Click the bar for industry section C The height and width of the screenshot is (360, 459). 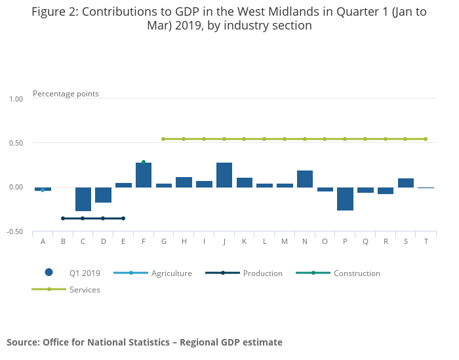pyautogui.click(x=83, y=199)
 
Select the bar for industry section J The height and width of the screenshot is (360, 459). pyautogui.click(x=224, y=175)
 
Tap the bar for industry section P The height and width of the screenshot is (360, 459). pyautogui.click(x=346, y=199)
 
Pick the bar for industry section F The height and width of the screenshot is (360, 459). pyautogui.click(x=144, y=175)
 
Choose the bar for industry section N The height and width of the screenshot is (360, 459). pyautogui.click(x=305, y=179)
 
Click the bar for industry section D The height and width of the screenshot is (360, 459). pyautogui.click(x=103, y=195)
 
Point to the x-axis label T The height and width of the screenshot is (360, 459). pyautogui.click(x=426, y=241)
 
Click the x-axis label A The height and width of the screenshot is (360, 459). pyautogui.click(x=43, y=241)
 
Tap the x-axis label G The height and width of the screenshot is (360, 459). pyautogui.click(x=164, y=241)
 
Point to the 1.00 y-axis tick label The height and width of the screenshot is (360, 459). pyautogui.click(x=16, y=99)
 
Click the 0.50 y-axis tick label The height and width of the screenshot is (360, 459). pyautogui.click(x=16, y=143)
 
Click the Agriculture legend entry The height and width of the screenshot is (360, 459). pyautogui.click(x=171, y=273)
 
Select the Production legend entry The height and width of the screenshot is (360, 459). pyautogui.click(x=262, y=273)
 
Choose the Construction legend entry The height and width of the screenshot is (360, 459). pyautogui.click(x=357, y=273)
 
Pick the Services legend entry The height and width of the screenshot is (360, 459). pyautogui.click(x=85, y=289)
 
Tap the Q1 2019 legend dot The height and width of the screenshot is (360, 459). pyautogui.click(x=49, y=273)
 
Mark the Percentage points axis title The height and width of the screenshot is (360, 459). pyautogui.click(x=66, y=94)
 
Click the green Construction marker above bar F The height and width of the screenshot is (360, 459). pyautogui.click(x=144, y=162)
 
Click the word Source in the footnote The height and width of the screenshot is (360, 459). pyautogui.click(x=22, y=342)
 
